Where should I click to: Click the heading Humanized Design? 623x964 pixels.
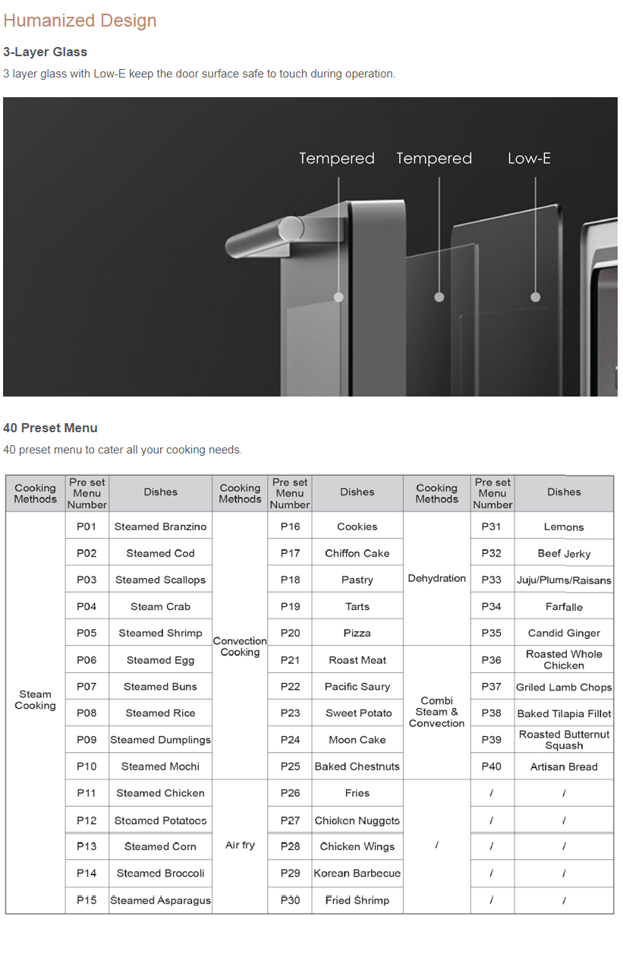point(80,21)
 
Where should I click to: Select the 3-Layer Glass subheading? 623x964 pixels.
point(45,52)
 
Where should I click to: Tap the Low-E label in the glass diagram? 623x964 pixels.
point(529,158)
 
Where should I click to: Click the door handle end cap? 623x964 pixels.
point(291,228)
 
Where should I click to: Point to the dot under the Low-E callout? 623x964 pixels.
point(535,297)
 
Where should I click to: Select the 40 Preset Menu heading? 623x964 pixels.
point(50,428)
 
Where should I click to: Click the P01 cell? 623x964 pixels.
point(87,526)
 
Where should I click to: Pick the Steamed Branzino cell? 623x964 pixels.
point(160,526)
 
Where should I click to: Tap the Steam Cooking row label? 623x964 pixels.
point(35,700)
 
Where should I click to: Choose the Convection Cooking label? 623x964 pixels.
point(240,646)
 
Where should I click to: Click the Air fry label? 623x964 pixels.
point(240,845)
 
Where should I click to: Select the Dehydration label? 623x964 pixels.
point(436,578)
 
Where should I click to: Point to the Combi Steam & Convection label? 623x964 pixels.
point(436,712)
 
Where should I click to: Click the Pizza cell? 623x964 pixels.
point(357,633)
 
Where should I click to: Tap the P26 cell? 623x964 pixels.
point(290,793)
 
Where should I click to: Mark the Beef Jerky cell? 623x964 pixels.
point(564,554)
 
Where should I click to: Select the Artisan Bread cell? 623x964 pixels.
point(564,766)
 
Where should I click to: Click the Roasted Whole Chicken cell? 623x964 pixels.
point(564,659)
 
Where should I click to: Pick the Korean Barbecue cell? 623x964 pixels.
point(357,873)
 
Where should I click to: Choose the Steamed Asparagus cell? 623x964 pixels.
point(160,900)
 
